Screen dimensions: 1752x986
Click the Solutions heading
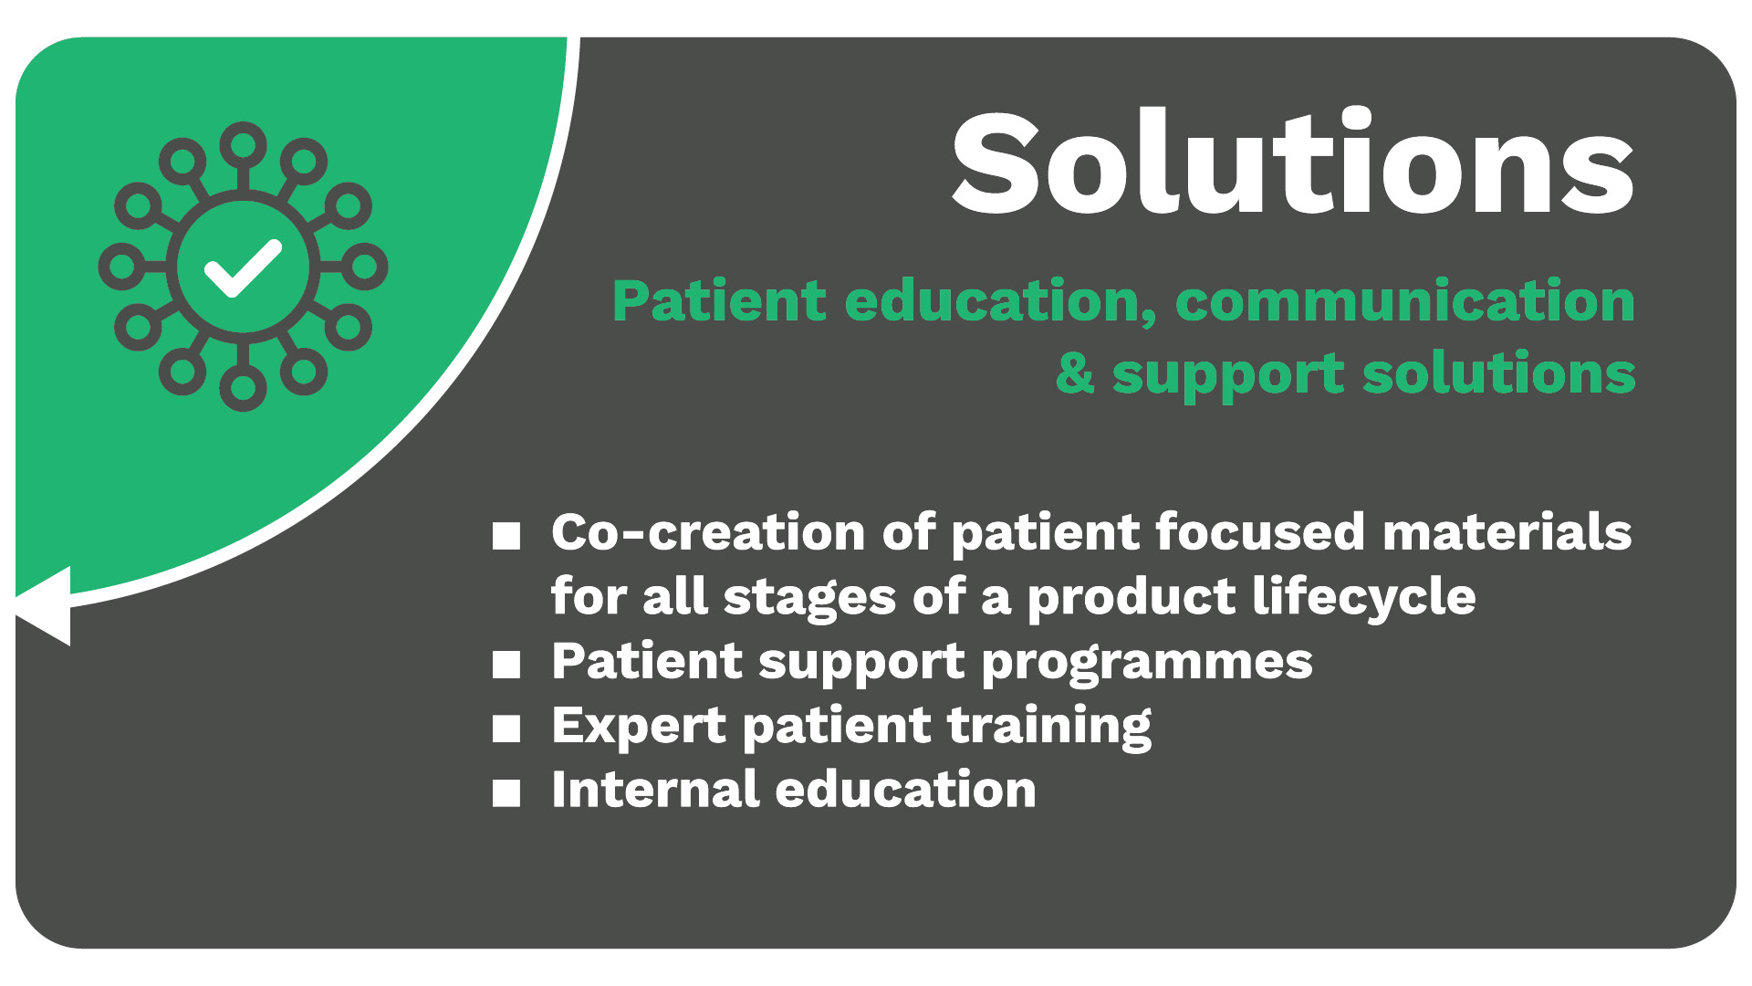point(1292,163)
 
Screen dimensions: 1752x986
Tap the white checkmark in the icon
point(242,268)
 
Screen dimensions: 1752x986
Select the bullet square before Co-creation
point(506,536)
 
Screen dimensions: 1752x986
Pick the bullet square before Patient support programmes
point(506,665)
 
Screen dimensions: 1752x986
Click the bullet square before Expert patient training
point(506,729)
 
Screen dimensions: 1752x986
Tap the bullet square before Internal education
point(506,793)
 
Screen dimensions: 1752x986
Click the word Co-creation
point(708,531)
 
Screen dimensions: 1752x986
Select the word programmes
point(1147,664)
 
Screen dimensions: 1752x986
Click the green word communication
point(1405,301)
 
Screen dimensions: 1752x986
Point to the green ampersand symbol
point(1075,373)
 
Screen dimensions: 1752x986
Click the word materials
point(1507,531)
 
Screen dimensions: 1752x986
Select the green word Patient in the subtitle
point(719,301)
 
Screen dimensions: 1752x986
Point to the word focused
point(1260,531)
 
